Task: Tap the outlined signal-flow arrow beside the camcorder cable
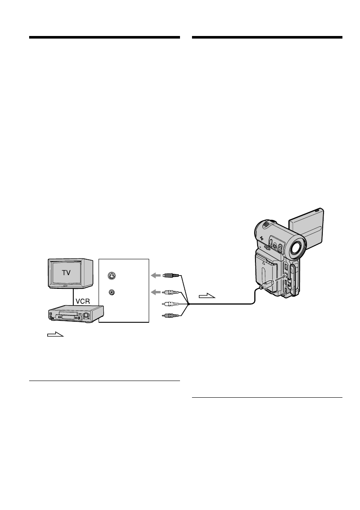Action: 208,296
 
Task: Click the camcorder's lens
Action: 297,247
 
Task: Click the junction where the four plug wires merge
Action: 187,304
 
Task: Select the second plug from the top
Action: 168,293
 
